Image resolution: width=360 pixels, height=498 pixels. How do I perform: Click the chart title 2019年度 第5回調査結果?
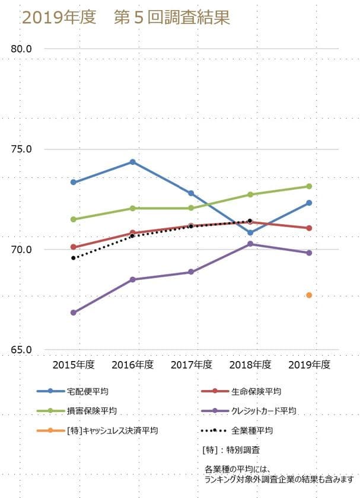point(126,18)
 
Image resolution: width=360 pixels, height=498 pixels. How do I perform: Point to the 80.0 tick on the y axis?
point(21,49)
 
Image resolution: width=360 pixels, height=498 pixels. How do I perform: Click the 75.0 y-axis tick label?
point(21,149)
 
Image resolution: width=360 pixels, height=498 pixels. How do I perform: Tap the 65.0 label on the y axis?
point(21,350)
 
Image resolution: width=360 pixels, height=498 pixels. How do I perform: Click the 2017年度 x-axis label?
point(191,364)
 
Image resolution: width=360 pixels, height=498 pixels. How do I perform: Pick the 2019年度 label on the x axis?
point(309,364)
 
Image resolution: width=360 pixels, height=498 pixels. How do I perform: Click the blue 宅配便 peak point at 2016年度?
point(132,162)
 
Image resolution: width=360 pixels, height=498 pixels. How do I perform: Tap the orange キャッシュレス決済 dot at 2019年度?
point(309,295)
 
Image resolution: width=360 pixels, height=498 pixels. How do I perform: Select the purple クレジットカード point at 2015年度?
point(74,312)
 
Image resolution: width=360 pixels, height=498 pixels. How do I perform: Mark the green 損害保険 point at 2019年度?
point(309,186)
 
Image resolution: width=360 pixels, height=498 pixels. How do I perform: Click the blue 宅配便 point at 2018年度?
point(250,232)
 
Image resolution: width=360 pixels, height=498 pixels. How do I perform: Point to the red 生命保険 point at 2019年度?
point(309,228)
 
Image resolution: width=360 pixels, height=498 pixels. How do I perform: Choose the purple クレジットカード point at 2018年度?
point(250,244)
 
